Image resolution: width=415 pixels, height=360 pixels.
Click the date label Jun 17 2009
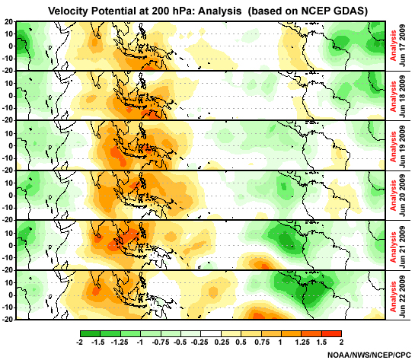[405, 45]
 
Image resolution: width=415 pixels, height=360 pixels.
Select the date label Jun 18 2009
[405, 94]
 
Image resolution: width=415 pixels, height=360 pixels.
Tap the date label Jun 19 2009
[405, 145]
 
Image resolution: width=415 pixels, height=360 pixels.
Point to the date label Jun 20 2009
[405, 194]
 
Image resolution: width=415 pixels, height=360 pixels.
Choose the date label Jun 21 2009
[405, 244]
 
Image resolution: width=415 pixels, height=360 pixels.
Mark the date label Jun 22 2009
[405, 294]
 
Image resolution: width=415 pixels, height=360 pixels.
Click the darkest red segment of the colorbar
[331, 333]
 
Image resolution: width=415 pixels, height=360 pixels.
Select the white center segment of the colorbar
[210, 333]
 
